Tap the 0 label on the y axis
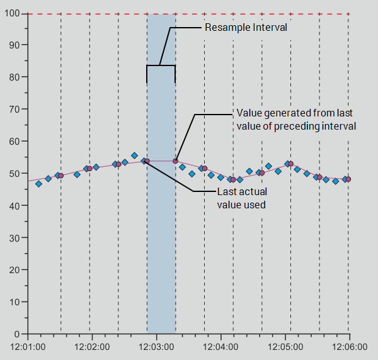pyautogui.click(x=17, y=334)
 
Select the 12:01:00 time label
pyautogui.click(x=29, y=347)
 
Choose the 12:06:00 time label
pyautogui.click(x=350, y=347)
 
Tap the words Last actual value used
pyautogui.click(x=241, y=198)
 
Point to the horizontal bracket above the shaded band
pyautogui.click(x=161, y=65)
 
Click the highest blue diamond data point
pyautogui.click(x=134, y=155)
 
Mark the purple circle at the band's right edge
pyautogui.click(x=176, y=161)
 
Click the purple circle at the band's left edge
pyautogui.click(x=147, y=161)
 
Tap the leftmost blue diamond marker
pyautogui.click(x=38, y=184)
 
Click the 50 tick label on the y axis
pyautogui.click(x=14, y=173)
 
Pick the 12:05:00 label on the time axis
pyautogui.click(x=286, y=347)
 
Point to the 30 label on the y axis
pyautogui.click(x=14, y=237)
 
